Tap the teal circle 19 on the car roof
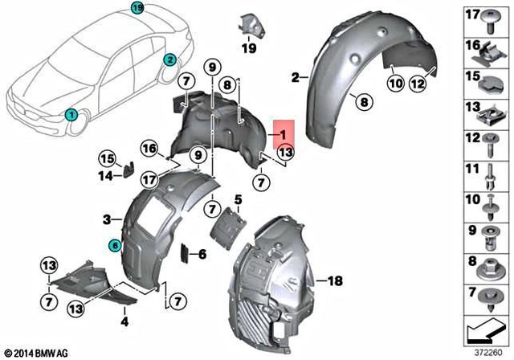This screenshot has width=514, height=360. pyautogui.click(x=137, y=9)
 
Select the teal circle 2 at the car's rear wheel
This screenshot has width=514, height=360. pyautogui.click(x=170, y=59)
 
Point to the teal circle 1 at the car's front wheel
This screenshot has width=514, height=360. pyautogui.click(x=71, y=115)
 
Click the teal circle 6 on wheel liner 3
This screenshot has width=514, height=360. pyautogui.click(x=115, y=245)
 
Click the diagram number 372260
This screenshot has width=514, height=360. pyautogui.click(x=486, y=352)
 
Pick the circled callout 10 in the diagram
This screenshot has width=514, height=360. pyautogui.click(x=396, y=83)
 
